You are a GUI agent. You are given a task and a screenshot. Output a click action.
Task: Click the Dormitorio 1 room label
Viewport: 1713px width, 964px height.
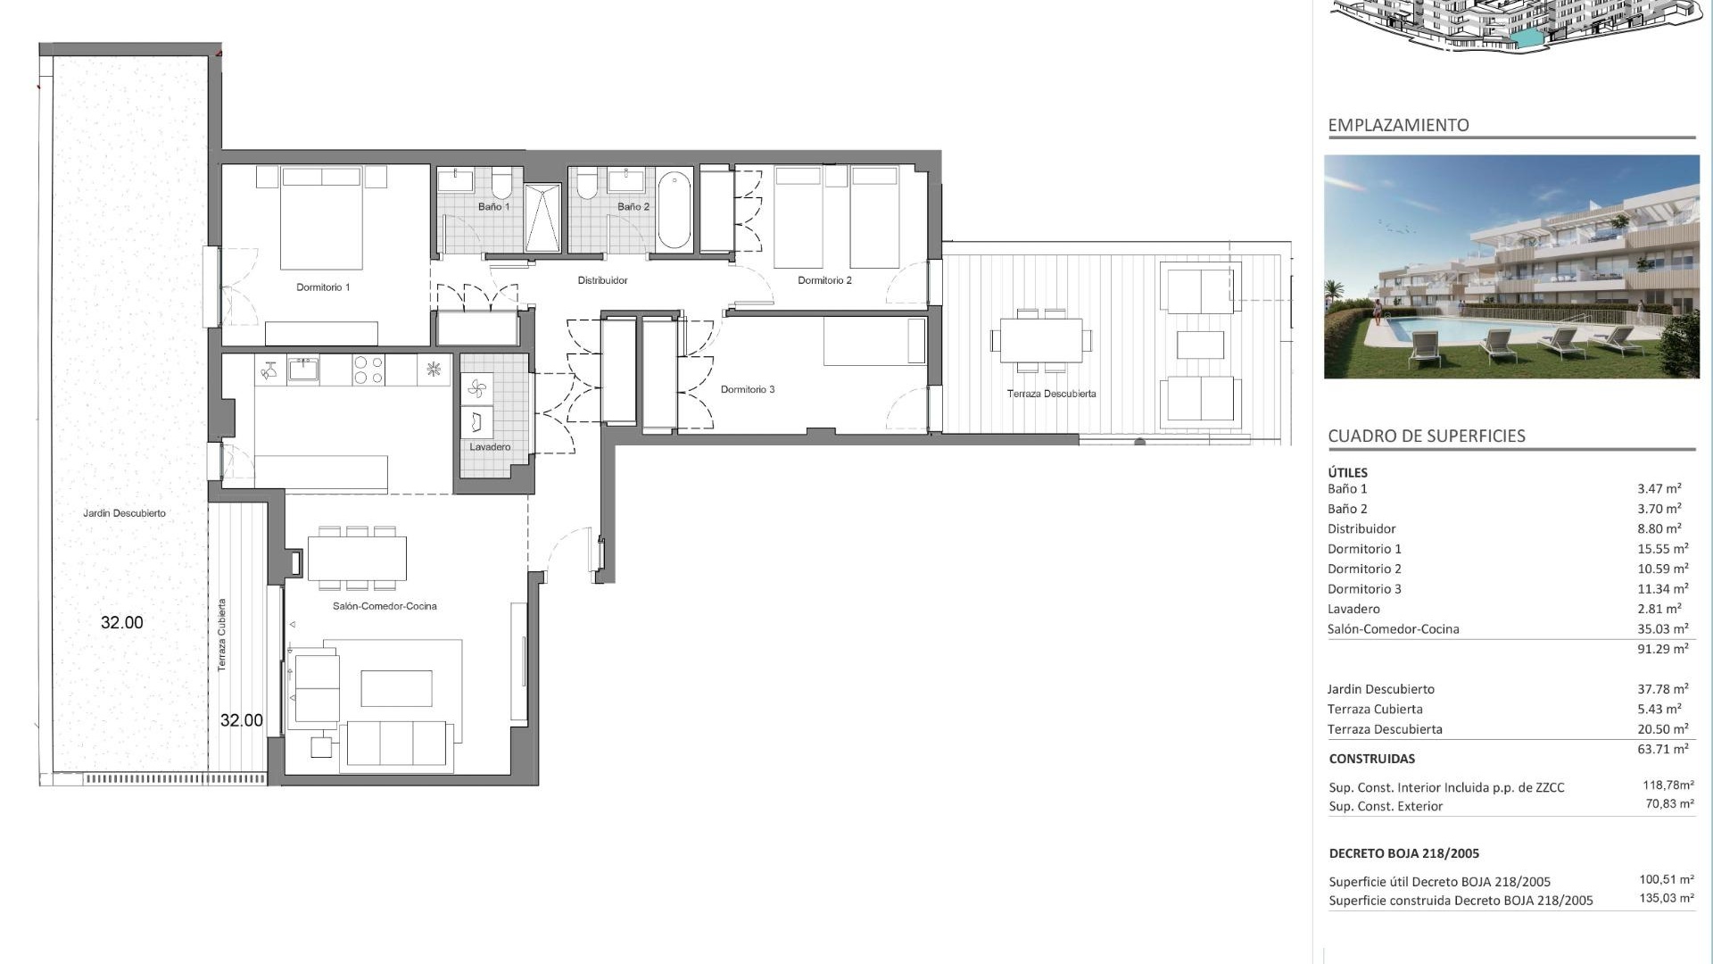tap(323, 287)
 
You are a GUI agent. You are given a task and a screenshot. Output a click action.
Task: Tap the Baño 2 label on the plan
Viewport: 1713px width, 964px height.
tap(633, 206)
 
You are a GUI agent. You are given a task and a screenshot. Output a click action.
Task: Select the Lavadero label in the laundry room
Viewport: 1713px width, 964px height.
tap(490, 446)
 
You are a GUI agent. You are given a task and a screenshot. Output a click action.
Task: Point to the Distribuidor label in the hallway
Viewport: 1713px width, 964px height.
tap(602, 280)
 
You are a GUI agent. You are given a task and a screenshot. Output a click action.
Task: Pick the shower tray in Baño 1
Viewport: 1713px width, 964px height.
tap(542, 218)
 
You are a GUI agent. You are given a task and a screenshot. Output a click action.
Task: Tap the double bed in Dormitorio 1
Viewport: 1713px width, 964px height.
tap(321, 218)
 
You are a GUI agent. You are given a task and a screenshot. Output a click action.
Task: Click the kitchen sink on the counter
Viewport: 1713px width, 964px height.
tap(303, 370)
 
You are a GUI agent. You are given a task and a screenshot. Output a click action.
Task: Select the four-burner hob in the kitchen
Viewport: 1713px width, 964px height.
tap(368, 370)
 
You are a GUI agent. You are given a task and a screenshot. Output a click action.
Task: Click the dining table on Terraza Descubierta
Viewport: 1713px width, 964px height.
tap(1040, 340)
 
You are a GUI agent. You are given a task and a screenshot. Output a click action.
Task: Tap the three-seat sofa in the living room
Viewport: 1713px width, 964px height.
tap(397, 744)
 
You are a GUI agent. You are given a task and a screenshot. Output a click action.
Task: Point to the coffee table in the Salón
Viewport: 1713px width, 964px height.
tap(396, 688)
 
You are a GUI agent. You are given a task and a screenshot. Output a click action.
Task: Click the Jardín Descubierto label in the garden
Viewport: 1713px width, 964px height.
tap(124, 513)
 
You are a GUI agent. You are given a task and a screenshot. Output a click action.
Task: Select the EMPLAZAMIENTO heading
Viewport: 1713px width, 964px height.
tap(1398, 125)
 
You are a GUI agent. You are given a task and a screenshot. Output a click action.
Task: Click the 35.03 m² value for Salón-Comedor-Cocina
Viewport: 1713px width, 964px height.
tap(1662, 628)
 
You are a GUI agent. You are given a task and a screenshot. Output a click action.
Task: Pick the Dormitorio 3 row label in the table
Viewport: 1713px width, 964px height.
tap(1364, 589)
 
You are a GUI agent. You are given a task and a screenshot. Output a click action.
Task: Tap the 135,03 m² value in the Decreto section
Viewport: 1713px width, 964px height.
tap(1667, 898)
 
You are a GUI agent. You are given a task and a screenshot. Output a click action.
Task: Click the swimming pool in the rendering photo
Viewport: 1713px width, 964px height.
tap(1463, 328)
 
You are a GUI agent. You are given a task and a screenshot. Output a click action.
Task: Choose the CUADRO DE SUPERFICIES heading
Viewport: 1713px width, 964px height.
tap(1427, 436)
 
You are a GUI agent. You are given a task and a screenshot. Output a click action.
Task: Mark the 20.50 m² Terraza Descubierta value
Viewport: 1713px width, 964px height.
tap(1662, 728)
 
